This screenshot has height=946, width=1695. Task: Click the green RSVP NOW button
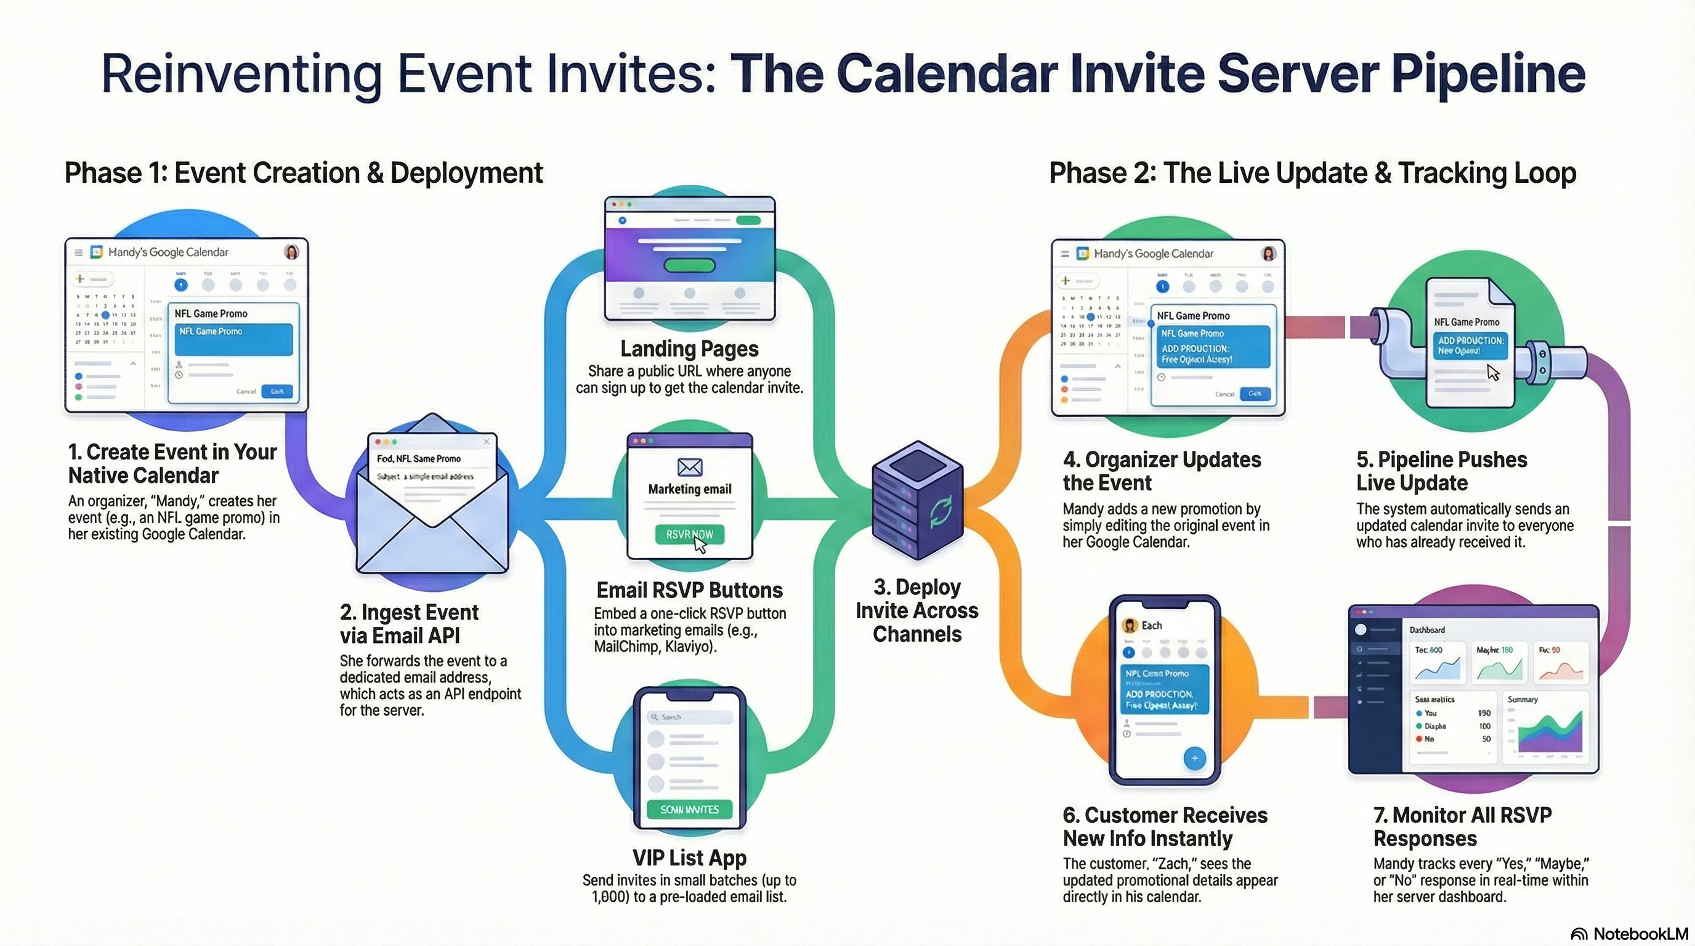(x=689, y=534)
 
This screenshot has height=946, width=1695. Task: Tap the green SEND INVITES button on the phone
(x=689, y=809)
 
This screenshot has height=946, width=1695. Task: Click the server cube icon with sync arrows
(x=917, y=500)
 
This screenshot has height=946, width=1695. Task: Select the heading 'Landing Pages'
(x=689, y=349)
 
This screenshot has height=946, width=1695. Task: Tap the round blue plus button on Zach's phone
(x=1194, y=759)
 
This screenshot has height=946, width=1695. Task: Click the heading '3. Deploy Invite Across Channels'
(x=916, y=610)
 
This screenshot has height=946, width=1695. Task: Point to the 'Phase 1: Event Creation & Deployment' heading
(x=303, y=173)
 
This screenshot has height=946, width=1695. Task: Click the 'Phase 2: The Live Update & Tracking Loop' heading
(x=1312, y=173)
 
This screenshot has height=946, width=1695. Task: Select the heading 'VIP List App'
(x=689, y=858)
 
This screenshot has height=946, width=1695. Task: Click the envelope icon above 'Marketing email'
(x=689, y=467)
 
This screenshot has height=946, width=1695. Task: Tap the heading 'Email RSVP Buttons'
(x=689, y=590)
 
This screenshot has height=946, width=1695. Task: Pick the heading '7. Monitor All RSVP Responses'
(x=1462, y=827)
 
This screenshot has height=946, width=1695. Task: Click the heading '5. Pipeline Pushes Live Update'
(x=1441, y=471)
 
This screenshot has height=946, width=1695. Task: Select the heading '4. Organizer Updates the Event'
(x=1162, y=471)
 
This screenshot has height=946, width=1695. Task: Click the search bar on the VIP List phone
(x=689, y=717)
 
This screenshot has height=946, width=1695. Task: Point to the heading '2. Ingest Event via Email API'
(x=408, y=624)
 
